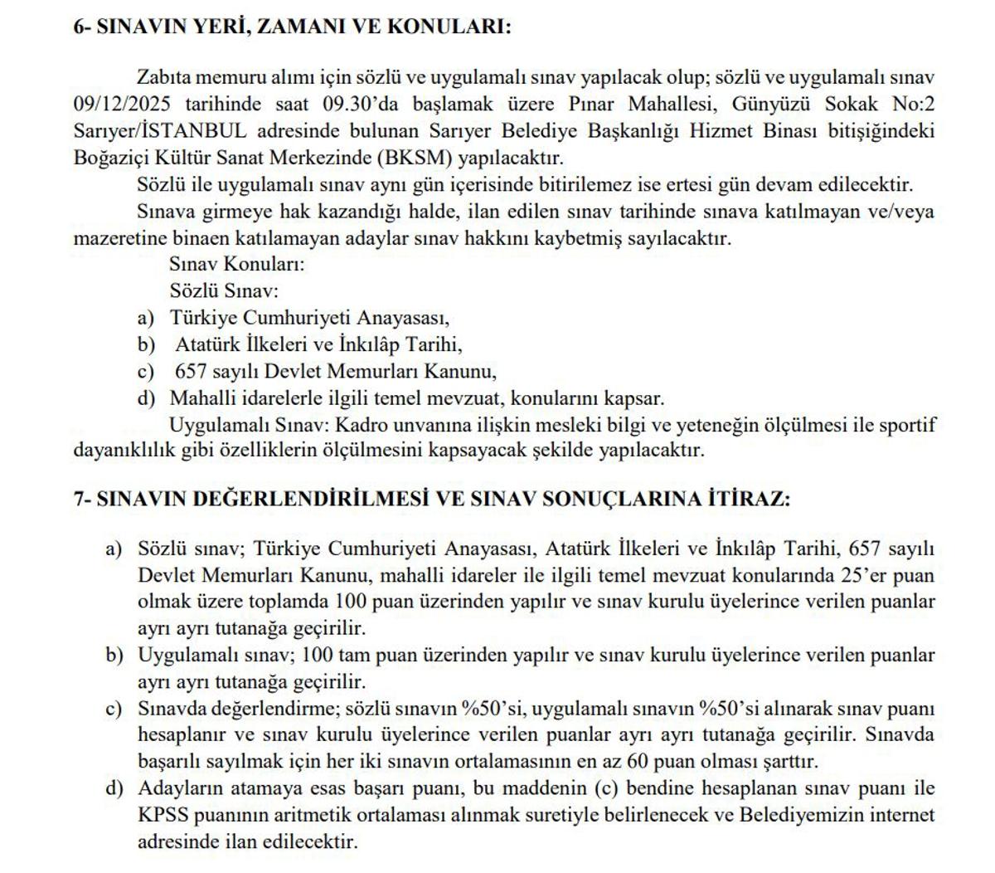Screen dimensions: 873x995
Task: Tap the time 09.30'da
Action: [x=347, y=104]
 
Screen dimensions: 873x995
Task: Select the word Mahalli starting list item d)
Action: [x=199, y=398]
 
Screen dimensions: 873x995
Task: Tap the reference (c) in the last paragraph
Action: [x=609, y=788]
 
